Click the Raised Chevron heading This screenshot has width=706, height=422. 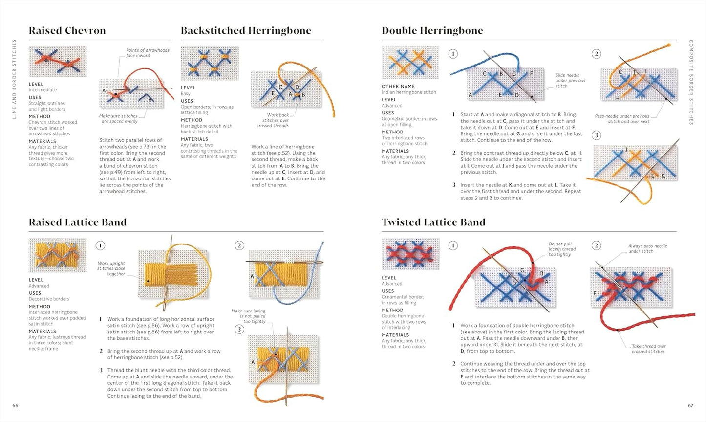[67, 31]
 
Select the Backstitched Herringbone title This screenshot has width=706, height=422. [246, 31]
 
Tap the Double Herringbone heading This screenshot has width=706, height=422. [432, 31]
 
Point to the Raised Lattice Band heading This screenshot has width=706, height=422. [77, 222]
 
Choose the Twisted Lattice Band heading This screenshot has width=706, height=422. [433, 222]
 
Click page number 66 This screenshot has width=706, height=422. [15, 405]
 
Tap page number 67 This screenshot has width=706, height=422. [690, 405]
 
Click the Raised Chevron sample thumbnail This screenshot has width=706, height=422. [58, 62]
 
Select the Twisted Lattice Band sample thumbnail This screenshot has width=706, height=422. [410, 253]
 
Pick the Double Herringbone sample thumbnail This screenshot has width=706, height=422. [410, 62]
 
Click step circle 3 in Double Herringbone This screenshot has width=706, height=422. [596, 135]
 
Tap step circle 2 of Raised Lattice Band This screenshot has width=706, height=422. [239, 245]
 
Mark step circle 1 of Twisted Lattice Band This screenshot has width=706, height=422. [453, 245]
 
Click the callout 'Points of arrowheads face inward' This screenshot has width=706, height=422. [147, 53]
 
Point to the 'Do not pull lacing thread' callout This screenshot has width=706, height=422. [560, 249]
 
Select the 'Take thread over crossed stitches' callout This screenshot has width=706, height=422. [648, 349]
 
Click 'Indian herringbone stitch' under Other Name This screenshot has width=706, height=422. [408, 92]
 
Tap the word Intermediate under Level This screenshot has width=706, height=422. [43, 90]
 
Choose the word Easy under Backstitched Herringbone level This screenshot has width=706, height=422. [186, 93]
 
